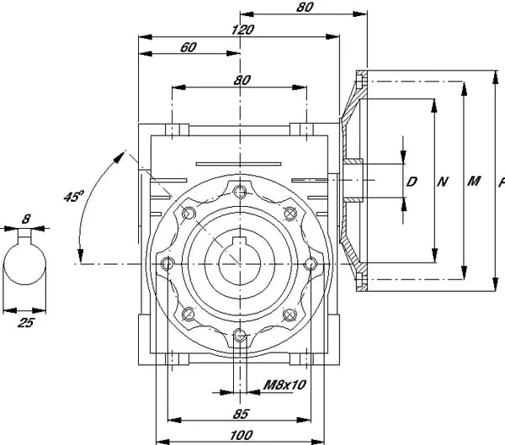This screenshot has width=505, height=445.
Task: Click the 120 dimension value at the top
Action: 242,29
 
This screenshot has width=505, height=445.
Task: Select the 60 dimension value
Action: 188,47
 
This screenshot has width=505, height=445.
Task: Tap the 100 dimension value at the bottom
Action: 242,434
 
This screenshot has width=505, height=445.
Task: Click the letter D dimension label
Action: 412,181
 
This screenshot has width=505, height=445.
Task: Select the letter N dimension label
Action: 443,181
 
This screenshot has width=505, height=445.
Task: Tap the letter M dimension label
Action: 473,181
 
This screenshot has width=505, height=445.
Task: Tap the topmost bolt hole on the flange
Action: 242,190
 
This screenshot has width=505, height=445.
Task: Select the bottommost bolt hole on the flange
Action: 242,336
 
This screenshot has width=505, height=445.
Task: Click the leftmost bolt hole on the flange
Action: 168,263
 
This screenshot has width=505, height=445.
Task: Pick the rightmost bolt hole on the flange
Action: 313,263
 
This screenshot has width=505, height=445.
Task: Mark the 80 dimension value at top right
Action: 305,7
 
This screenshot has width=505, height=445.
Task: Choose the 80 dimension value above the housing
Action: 242,81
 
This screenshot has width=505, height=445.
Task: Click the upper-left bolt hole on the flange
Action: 189,212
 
